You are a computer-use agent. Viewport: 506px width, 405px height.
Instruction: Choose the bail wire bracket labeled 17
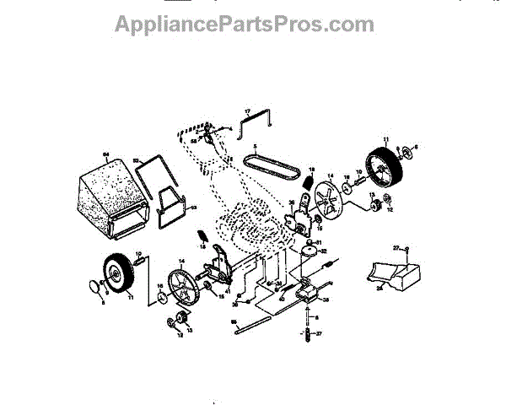[x=254, y=123]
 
